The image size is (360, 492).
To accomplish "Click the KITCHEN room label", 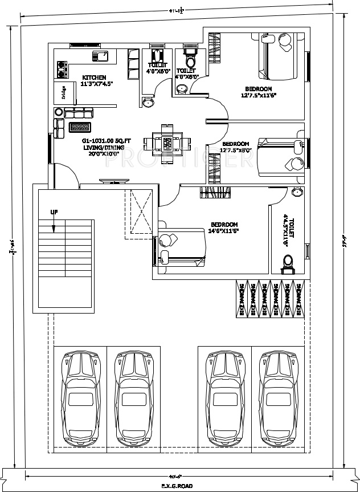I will pyautogui.click(x=94, y=78).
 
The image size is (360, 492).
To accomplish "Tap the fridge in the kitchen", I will pyautogui.click(x=63, y=92).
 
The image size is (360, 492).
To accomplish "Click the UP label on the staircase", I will pyautogui.click(x=54, y=212).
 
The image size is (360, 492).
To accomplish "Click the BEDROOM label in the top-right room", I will pyautogui.click(x=258, y=88).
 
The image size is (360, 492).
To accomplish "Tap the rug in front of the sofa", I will pyautogui.click(x=80, y=127).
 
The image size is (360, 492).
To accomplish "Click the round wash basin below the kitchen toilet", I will pyautogui.click(x=148, y=102).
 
